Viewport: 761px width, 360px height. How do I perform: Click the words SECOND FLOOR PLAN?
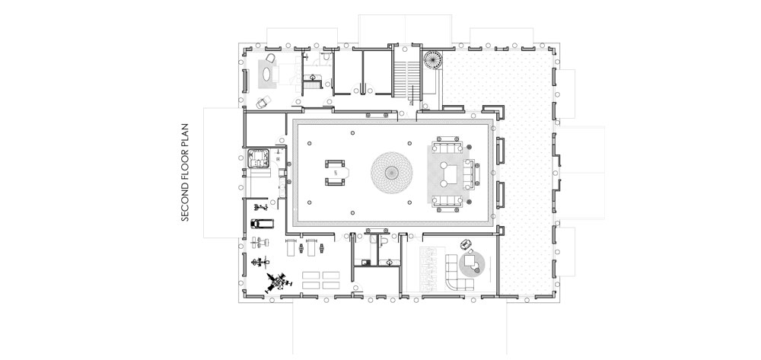[x=184, y=173]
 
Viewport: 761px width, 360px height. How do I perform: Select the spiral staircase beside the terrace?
[x=431, y=59]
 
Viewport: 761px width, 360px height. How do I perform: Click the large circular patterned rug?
[x=392, y=172]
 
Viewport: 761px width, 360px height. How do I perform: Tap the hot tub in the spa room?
[x=258, y=158]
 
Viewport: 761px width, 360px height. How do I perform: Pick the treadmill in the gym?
[x=262, y=224]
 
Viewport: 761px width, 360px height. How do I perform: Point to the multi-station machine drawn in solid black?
[x=277, y=282]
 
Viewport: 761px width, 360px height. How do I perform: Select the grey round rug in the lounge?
[x=472, y=264]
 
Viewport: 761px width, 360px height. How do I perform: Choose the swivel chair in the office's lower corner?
[x=262, y=102]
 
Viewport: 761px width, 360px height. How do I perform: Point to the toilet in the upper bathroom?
[x=326, y=57]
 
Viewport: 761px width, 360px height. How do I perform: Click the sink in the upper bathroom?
[x=312, y=78]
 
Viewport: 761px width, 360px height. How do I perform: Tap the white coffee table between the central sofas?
[x=451, y=173]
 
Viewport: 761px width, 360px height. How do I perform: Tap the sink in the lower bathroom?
[x=390, y=262]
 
